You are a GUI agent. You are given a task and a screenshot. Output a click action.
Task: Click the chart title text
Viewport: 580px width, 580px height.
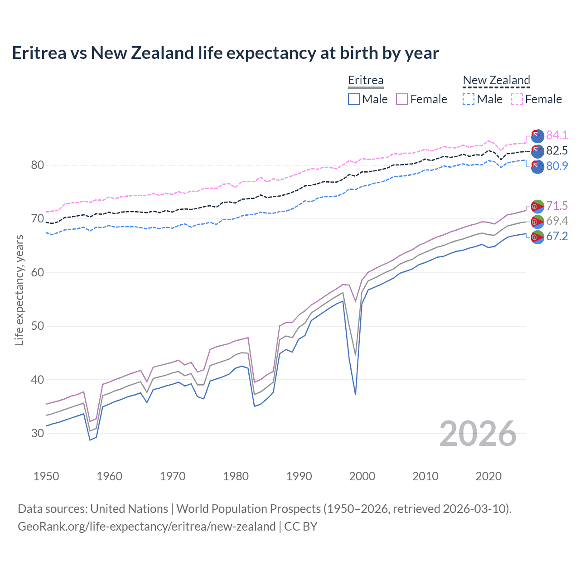point(225,53)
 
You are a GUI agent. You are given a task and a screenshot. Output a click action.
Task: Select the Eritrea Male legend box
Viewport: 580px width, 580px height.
point(354,99)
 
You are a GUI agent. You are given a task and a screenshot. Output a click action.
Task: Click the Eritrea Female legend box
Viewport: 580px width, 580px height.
point(402,99)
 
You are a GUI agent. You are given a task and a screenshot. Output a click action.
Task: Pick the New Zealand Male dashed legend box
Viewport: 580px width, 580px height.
point(469,99)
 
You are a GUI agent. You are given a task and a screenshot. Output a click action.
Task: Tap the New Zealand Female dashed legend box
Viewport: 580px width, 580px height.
point(517,99)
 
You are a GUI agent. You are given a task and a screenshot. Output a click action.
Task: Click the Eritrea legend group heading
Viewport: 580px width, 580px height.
point(366,80)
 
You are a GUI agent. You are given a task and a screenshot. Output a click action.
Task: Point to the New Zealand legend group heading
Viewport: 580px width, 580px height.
point(496,80)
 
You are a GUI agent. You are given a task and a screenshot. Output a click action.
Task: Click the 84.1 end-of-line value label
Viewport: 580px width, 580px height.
point(557,135)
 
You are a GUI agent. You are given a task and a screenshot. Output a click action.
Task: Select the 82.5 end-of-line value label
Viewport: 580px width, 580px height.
point(557,150)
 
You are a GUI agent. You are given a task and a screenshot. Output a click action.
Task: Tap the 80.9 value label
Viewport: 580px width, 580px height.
point(557,166)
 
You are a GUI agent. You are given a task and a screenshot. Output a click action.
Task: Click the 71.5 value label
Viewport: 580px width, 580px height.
point(557,206)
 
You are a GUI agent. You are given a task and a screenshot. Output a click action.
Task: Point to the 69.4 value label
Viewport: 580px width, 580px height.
point(557,221)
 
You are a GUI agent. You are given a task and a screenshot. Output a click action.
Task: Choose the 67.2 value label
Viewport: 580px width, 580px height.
point(557,236)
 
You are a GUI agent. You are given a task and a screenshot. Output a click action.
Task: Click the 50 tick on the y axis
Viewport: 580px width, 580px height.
point(38,326)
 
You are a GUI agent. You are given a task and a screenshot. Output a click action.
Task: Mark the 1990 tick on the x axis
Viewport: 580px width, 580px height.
point(299,476)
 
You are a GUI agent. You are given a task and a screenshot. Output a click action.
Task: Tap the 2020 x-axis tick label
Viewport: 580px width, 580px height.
point(488,476)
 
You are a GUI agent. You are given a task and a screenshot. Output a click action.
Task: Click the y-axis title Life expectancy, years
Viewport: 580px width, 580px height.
point(19,290)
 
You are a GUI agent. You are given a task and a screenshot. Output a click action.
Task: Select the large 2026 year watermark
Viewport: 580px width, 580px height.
point(478,434)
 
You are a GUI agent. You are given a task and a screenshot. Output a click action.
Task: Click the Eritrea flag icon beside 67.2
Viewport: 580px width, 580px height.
point(537,237)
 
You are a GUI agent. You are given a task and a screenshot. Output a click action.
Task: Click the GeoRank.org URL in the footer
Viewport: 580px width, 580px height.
point(146,527)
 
